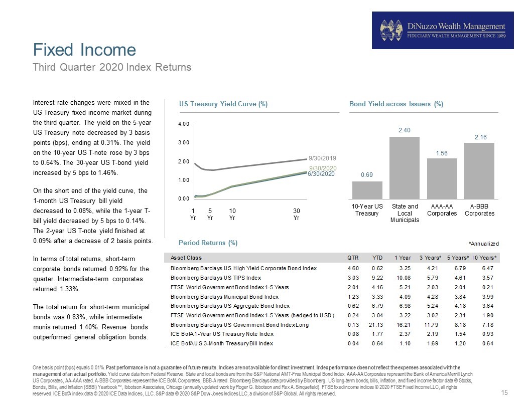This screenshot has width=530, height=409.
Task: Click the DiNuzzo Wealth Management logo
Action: pyautogui.click(x=443, y=31)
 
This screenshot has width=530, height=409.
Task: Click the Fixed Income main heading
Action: pyautogui.click(x=84, y=50)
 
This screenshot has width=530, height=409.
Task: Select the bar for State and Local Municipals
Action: pyautogui.click(x=405, y=168)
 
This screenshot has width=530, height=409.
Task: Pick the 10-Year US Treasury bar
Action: pyautogui.click(x=367, y=190)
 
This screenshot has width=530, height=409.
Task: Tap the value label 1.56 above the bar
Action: pyautogui.click(x=442, y=153)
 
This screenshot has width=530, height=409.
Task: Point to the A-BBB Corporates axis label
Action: pyautogui.click(x=479, y=210)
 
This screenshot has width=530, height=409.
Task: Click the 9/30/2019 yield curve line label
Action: pyautogui.click(x=322, y=158)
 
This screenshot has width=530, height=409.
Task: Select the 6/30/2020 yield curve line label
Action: pyautogui.click(x=321, y=174)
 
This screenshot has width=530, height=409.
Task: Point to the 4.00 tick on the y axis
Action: pyautogui.click(x=184, y=124)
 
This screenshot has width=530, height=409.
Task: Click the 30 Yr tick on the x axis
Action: pyautogui.click(x=297, y=215)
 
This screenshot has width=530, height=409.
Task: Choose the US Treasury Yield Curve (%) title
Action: pyautogui.click(x=223, y=104)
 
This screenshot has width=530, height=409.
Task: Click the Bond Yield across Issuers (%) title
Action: pyautogui.click(x=396, y=104)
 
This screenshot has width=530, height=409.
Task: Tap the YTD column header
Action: pyautogui.click(x=377, y=258)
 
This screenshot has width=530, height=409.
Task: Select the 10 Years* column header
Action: pyautogui.click(x=484, y=258)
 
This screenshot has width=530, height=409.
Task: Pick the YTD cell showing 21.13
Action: pyautogui.click(x=376, y=325)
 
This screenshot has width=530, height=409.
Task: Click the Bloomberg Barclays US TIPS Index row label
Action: pyautogui.click(x=216, y=278)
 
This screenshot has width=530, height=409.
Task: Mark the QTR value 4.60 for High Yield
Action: pyautogui.click(x=353, y=268)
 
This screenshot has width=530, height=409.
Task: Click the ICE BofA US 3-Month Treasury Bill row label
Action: pyautogui.click(x=222, y=343)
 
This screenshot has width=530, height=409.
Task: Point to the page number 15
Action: pyautogui.click(x=504, y=392)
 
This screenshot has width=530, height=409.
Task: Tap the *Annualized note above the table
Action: pyautogui.click(x=484, y=244)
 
